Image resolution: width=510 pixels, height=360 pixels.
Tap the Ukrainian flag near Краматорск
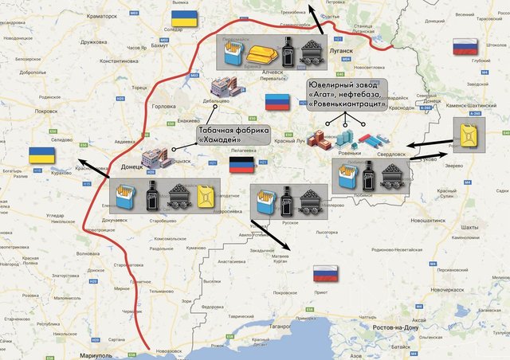[x=182, y=17]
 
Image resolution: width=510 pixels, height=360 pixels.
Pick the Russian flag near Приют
[x=326, y=274]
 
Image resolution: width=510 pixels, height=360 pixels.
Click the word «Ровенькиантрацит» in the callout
[x=347, y=104]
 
